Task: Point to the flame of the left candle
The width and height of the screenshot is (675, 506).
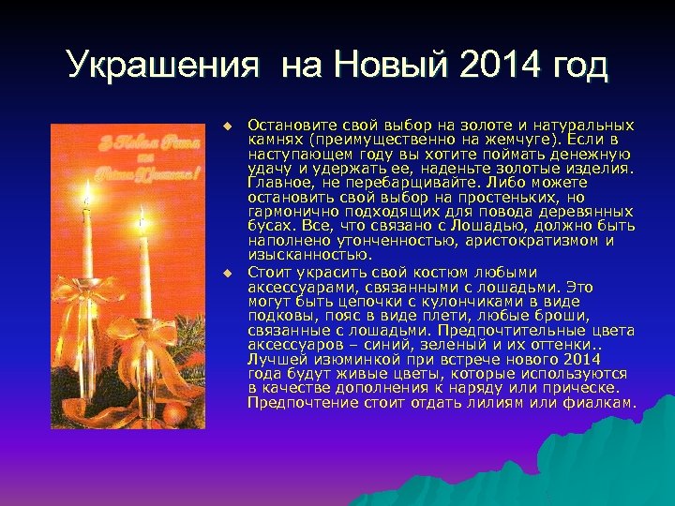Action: (88, 193)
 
